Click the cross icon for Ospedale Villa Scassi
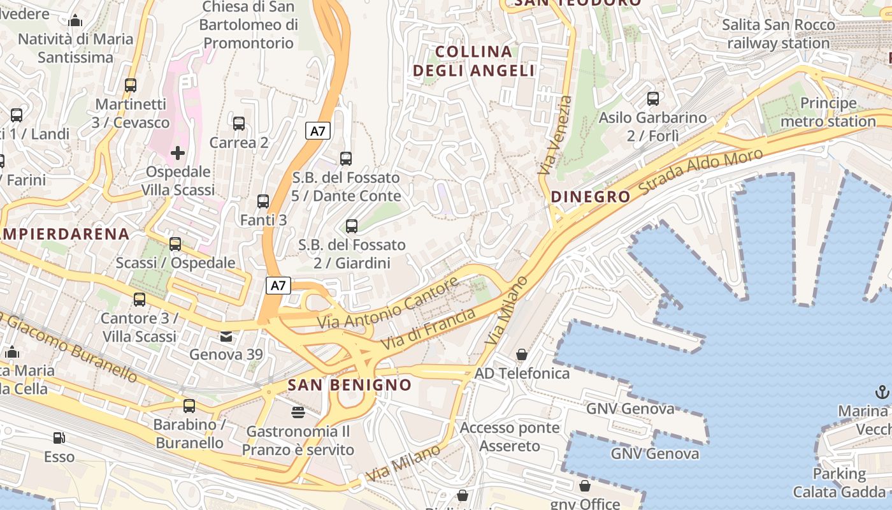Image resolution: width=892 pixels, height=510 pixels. [178, 153]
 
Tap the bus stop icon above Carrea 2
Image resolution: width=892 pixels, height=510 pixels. [239, 124]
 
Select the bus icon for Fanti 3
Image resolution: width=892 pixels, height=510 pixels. [263, 201]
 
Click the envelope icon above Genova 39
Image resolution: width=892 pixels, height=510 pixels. [227, 336]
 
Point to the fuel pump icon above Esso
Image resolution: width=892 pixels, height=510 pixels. [59, 438]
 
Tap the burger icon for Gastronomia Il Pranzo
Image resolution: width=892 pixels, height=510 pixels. [298, 412]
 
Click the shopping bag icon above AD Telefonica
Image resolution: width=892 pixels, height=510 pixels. [522, 354]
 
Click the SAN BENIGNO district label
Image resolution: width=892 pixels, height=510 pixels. [350, 385]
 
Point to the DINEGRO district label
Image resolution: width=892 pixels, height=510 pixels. [591, 196]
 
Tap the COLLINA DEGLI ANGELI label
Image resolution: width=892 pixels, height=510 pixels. [474, 61]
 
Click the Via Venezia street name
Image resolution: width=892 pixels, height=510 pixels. [555, 135]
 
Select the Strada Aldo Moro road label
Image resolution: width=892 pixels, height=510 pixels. [700, 172]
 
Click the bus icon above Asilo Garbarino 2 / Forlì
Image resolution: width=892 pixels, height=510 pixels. [653, 99]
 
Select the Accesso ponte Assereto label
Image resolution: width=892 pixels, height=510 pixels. [510, 437]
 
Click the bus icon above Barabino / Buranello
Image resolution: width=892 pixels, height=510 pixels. [189, 406]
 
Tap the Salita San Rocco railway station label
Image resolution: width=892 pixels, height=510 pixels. [779, 34]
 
